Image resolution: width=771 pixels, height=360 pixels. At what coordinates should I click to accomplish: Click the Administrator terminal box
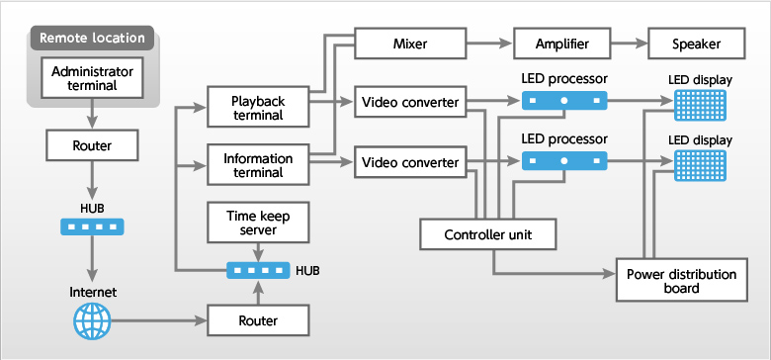coord(92,76)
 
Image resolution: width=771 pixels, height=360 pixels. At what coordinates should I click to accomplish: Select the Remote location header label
coord(92,39)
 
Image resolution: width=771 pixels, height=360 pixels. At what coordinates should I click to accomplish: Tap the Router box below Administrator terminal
coord(92,146)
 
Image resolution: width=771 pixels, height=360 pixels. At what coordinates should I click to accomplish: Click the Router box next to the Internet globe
coord(258,320)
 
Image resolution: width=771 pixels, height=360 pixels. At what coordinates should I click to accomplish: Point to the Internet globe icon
coord(92,321)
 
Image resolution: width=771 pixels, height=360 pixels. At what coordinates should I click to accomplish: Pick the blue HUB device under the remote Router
coord(92,226)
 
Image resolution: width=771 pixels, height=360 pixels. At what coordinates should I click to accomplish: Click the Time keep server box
coord(258,224)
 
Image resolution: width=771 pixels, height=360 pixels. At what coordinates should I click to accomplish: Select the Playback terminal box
coord(258,108)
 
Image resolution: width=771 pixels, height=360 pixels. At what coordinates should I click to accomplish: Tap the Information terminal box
coord(258,165)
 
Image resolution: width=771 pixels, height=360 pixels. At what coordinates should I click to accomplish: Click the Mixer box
coord(408,44)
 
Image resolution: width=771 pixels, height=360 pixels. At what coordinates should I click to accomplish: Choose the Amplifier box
coord(563,44)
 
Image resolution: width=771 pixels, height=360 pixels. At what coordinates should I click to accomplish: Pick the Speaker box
coord(698,44)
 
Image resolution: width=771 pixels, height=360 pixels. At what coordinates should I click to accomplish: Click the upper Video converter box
coord(408,102)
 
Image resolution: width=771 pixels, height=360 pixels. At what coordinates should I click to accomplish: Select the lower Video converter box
coord(408,161)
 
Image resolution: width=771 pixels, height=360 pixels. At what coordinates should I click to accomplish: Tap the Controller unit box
coord(488,234)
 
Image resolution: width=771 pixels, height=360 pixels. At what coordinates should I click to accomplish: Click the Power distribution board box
coord(681,281)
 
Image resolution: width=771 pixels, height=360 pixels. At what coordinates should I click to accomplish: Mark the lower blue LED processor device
coord(563,159)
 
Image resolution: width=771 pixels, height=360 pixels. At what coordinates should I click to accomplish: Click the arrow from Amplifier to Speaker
coord(630,44)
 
